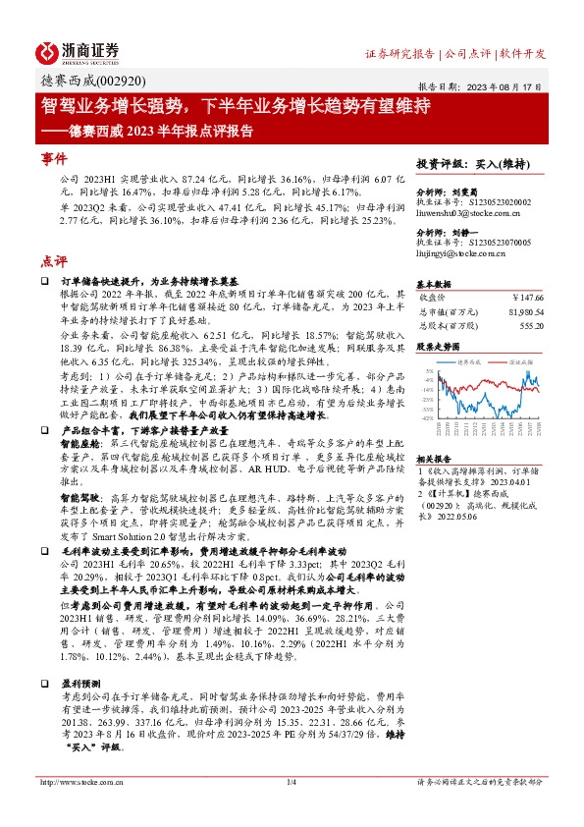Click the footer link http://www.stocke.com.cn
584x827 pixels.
pos(75,809)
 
